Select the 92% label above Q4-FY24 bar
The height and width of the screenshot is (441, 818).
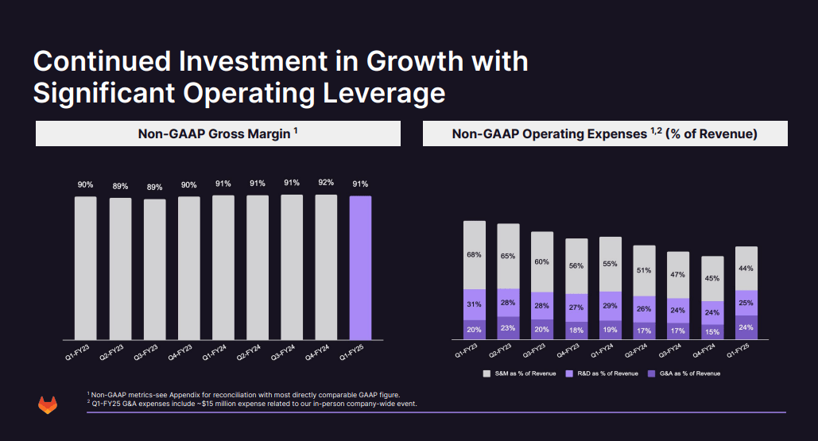[x=326, y=182]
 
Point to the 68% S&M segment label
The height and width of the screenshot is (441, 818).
[x=474, y=255]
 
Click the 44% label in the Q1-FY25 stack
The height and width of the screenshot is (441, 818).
[x=746, y=269]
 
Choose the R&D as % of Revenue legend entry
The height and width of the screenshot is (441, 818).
[x=607, y=373]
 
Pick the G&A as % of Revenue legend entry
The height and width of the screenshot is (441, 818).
[x=688, y=373]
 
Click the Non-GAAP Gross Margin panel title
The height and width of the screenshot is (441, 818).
[x=218, y=133]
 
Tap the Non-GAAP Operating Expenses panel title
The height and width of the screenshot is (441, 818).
[x=604, y=133]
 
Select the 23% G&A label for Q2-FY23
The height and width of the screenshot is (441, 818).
[x=508, y=328]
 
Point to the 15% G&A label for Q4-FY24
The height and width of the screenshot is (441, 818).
[x=711, y=331]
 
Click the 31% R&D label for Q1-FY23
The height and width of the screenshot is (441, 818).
[x=474, y=304]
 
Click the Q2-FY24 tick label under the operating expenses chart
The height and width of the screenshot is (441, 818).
[x=638, y=352]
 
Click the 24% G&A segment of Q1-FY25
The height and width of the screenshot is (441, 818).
[x=746, y=327]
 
